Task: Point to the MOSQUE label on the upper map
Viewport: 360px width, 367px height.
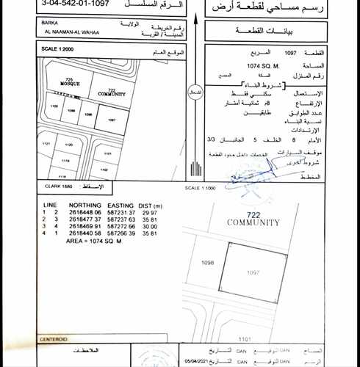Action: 69,84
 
